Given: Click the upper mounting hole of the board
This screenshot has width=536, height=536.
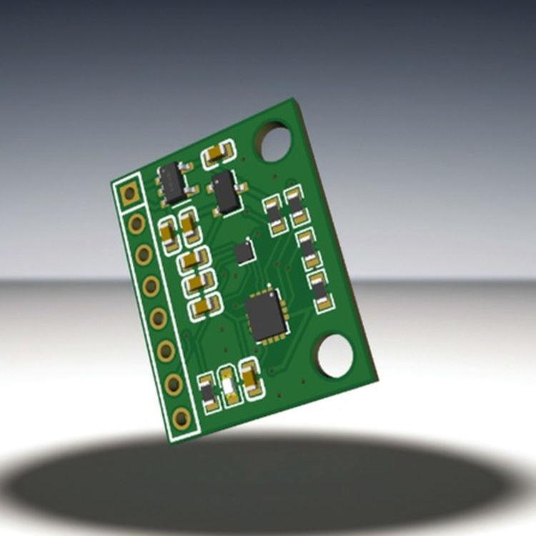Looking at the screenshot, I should click(275, 142).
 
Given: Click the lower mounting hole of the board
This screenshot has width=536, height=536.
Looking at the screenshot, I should click(335, 355).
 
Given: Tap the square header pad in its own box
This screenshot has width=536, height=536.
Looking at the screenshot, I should click(129, 193).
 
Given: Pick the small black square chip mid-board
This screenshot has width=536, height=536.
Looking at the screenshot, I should click(244, 251).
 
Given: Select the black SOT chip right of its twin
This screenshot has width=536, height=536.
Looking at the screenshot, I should click(227, 192).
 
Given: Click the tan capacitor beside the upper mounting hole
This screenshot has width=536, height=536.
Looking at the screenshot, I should click(218, 154).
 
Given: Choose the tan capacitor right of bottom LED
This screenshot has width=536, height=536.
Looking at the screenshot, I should click(250, 379).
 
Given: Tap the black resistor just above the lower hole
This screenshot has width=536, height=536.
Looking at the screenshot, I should click(320, 290).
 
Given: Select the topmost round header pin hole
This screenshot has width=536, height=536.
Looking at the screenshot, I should click(137, 224).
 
